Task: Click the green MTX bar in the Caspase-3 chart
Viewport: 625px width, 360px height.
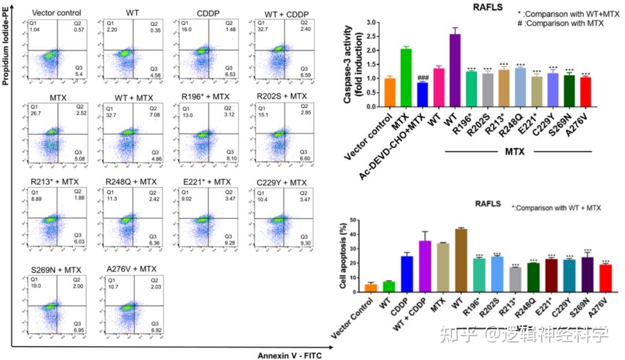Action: click(x=406, y=78)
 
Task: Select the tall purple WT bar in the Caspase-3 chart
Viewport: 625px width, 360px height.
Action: click(x=455, y=70)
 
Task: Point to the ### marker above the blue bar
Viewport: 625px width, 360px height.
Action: click(x=422, y=77)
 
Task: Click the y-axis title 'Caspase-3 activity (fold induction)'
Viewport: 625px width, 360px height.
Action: click(x=348, y=64)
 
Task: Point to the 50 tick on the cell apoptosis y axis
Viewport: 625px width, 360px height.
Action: click(x=351, y=221)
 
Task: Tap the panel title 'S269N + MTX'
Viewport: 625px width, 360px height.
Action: click(x=57, y=269)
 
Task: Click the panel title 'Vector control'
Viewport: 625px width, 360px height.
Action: click(x=57, y=13)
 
